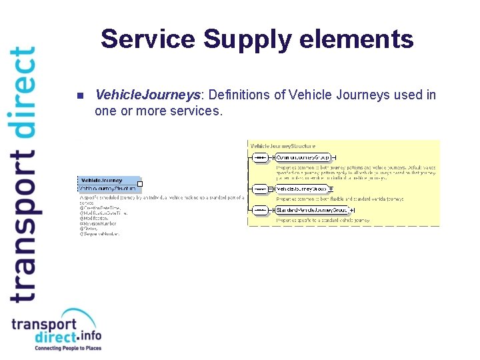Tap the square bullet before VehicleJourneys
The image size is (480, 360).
tap(79, 95)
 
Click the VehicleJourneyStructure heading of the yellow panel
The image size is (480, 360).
tap(283, 145)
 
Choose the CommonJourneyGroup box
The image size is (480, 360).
tap(303, 157)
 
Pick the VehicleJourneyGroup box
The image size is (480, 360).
tap(302, 189)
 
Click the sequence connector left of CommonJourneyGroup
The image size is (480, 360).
tap(260, 157)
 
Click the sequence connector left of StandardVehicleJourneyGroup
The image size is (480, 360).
tap(260, 210)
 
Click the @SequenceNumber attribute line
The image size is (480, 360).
tap(101, 234)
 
